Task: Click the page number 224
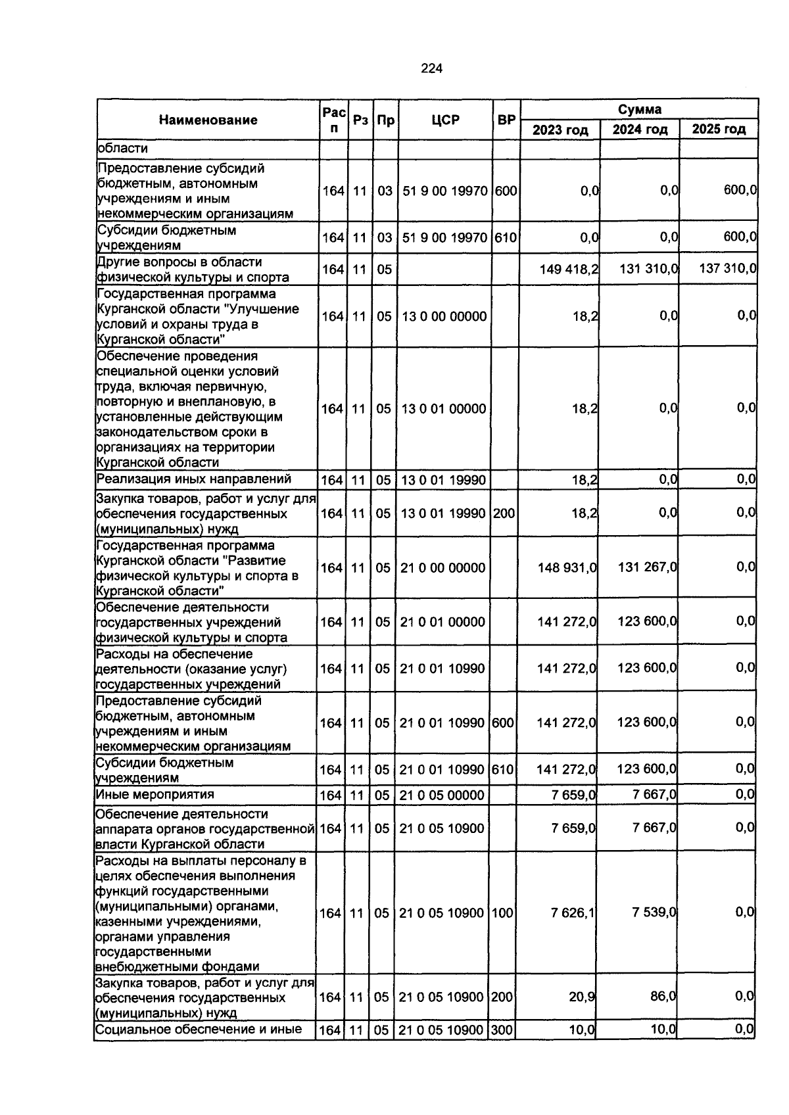(x=432, y=68)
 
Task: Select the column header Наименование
(x=208, y=120)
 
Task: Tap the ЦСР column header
(x=446, y=120)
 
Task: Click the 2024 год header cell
(x=640, y=130)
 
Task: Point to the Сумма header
(x=639, y=109)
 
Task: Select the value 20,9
(x=582, y=997)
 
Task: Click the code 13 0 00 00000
(x=444, y=316)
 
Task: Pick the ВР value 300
(x=502, y=1030)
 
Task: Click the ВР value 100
(x=502, y=913)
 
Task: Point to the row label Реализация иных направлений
(x=193, y=479)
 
